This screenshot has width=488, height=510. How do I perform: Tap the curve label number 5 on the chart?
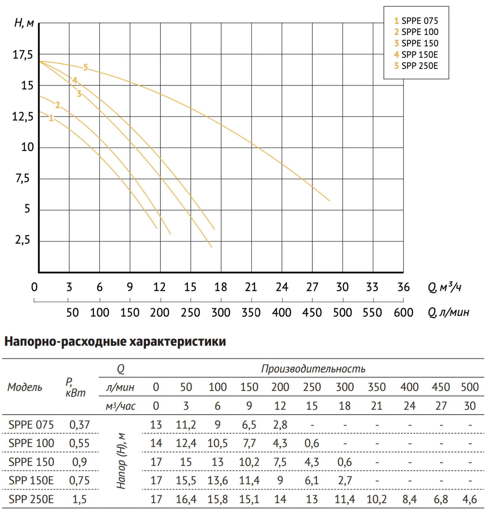click(85, 68)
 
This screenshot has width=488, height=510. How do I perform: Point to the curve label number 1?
click(51, 118)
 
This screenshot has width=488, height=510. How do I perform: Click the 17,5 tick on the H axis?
click(22, 55)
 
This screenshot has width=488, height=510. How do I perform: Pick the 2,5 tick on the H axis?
click(22, 240)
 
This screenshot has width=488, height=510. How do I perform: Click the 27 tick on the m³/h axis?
click(312, 287)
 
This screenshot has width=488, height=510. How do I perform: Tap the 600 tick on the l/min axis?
click(403, 313)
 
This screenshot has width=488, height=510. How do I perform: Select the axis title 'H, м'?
click(24, 23)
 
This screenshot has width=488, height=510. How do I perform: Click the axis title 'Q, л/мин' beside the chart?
click(448, 312)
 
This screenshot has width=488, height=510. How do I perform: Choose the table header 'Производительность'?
click(313, 369)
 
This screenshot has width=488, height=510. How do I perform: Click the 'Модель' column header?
click(25, 387)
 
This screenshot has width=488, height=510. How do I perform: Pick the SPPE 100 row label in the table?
click(31, 443)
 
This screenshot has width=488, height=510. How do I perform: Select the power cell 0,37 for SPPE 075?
click(79, 425)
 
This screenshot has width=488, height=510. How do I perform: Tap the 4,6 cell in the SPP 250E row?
click(470, 499)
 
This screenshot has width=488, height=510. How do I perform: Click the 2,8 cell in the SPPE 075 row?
click(280, 425)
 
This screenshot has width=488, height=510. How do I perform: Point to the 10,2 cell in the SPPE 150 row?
click(249, 462)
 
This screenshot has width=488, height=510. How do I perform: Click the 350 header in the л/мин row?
click(377, 387)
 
